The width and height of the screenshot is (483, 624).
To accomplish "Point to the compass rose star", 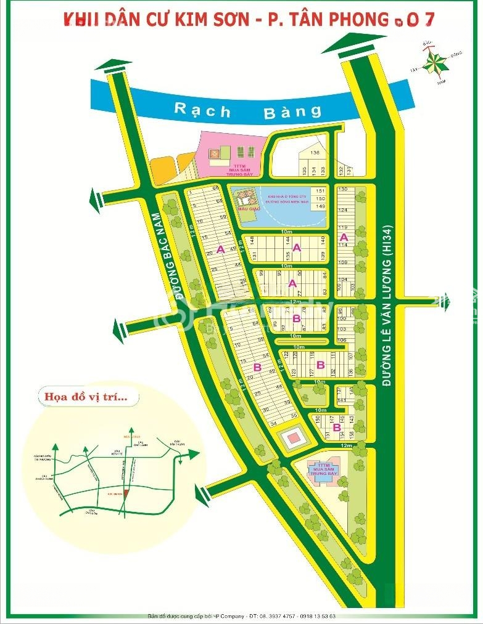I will [436, 62].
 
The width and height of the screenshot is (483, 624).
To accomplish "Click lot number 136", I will [315, 153].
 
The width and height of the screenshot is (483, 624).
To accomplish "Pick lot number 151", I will [320, 191].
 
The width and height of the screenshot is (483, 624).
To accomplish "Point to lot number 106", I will [343, 340].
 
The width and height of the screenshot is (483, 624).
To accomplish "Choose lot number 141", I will [341, 400].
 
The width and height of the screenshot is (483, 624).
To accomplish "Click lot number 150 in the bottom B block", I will [318, 418].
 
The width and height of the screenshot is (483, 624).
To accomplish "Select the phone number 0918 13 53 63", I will [316, 615].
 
